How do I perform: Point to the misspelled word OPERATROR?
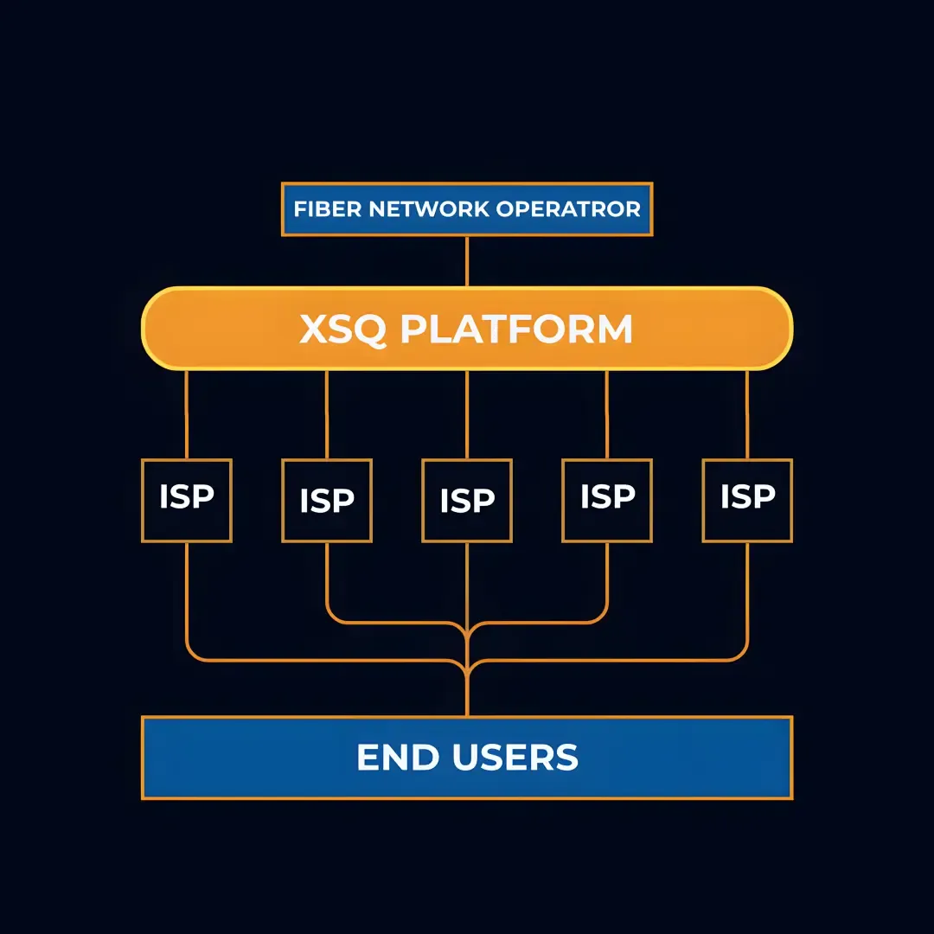(570, 209)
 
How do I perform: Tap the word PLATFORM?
(516, 329)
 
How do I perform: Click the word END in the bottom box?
(394, 758)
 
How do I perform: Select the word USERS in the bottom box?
(515, 758)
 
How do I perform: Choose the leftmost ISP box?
(187, 500)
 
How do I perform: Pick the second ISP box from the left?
(327, 501)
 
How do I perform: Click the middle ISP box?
(467, 501)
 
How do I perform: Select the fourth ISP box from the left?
(607, 500)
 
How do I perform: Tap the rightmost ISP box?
(747, 500)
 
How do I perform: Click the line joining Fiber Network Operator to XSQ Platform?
(467, 261)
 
